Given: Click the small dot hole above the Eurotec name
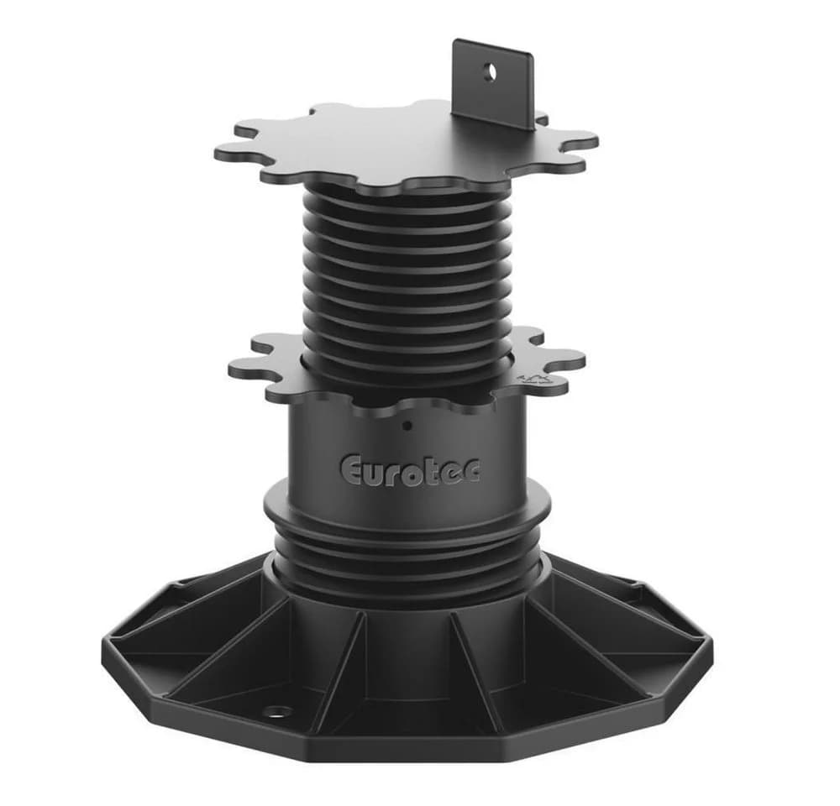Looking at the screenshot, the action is [x=407, y=427].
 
